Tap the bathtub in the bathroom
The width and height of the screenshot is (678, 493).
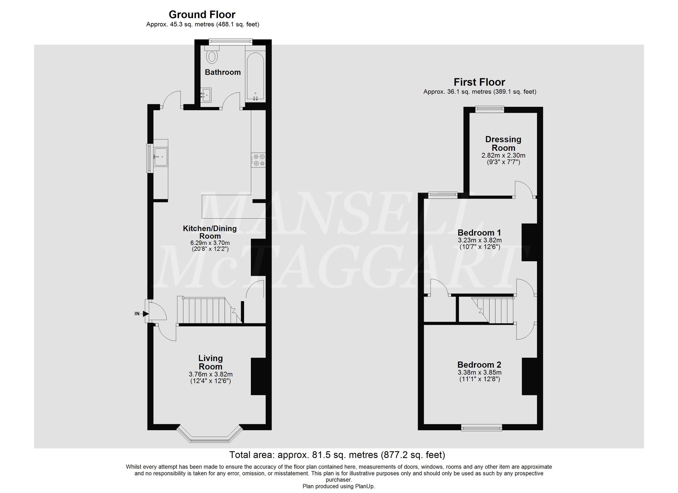[255, 76]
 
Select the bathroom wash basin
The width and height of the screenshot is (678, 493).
[205, 95]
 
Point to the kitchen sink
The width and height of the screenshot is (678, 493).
[160, 157]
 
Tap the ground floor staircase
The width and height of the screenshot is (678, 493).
[207, 310]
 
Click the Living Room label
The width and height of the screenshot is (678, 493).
[211, 362]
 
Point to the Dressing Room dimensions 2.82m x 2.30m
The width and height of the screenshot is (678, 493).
[503, 156]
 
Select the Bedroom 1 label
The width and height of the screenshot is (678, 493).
[479, 233]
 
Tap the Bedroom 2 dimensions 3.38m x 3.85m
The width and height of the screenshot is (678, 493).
[480, 372]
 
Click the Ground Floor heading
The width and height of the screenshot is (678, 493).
[202, 15]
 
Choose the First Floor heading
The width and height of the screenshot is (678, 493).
[479, 82]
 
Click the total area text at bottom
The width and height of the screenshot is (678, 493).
[337, 455]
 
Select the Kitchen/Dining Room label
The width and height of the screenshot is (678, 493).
[210, 232]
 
